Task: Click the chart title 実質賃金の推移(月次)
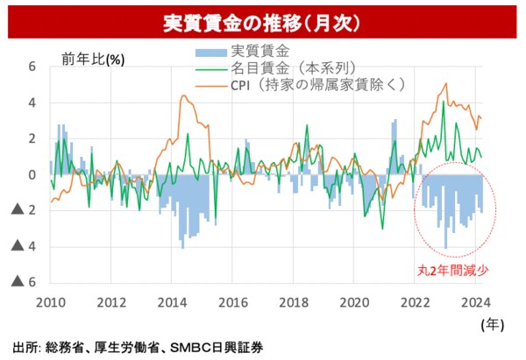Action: (x=263, y=18)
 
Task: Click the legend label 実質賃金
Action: (x=259, y=52)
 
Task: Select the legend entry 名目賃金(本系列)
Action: (x=293, y=68)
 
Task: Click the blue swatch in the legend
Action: (x=208, y=52)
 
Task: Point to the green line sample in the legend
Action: (x=208, y=68)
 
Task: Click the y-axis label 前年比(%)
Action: (x=93, y=59)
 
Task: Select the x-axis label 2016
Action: (x=232, y=303)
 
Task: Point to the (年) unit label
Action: (x=492, y=324)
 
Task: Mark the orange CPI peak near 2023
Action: (x=446, y=84)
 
